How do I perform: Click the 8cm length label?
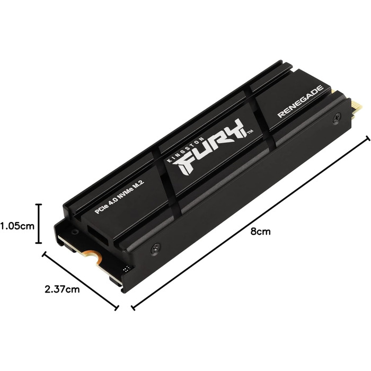click(260, 232)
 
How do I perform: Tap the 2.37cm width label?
click(63, 289)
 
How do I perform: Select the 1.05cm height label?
click(17, 225)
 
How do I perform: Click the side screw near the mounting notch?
click(154, 246)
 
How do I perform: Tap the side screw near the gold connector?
click(337, 118)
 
